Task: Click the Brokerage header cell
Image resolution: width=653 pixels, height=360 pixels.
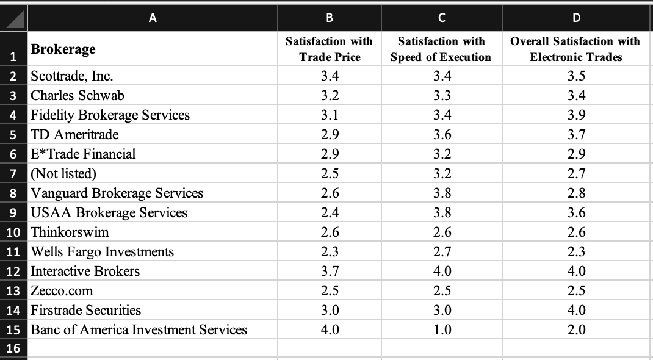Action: tap(63, 49)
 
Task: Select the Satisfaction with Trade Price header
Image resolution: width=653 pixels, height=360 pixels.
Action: tap(330, 49)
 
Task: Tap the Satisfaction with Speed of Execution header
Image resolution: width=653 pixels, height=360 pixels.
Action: tap(441, 49)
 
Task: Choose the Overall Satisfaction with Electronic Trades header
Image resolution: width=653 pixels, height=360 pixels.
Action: tap(575, 49)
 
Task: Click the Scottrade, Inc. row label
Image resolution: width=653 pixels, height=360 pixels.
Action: tap(72, 76)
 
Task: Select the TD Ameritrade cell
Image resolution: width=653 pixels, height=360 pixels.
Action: tap(74, 135)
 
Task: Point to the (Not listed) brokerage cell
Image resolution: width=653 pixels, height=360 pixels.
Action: tap(63, 174)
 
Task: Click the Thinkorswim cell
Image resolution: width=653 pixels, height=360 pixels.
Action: tap(70, 232)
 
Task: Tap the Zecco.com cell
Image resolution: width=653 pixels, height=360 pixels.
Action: tap(62, 291)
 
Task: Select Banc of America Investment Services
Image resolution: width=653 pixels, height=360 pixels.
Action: tap(139, 330)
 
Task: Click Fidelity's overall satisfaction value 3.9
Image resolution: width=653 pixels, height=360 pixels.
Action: tap(576, 115)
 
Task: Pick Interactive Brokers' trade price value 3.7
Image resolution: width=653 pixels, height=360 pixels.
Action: tap(330, 272)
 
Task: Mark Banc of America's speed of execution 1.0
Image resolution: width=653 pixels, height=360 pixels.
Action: tap(442, 330)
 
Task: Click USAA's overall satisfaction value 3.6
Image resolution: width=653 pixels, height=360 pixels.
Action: tap(576, 213)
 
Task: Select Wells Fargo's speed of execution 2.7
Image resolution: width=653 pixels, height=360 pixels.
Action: tap(442, 252)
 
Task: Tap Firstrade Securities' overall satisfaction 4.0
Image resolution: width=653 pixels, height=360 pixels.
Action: tap(576, 311)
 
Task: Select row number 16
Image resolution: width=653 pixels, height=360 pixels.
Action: tap(13, 349)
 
